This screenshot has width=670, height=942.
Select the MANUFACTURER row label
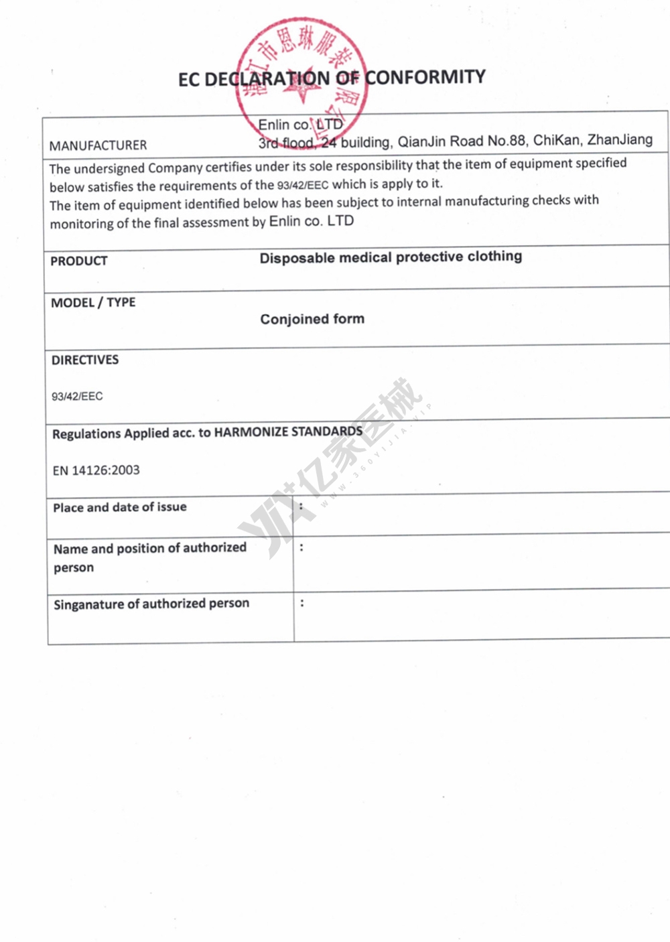point(98,145)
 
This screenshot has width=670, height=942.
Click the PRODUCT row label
point(79,261)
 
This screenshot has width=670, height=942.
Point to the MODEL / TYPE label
point(93,303)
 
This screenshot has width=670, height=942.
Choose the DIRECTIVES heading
point(85,360)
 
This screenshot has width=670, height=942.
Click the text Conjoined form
point(312,320)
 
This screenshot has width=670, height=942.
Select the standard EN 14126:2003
point(96,470)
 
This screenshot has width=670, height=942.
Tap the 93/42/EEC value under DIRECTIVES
point(77,397)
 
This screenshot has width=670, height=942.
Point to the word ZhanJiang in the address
point(620,140)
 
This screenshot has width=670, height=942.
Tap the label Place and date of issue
point(120,508)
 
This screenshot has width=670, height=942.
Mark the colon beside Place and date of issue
point(301,507)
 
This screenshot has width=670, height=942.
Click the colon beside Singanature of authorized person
point(302,604)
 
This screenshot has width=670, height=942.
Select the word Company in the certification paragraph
point(176,167)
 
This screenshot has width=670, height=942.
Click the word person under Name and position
point(74,568)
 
